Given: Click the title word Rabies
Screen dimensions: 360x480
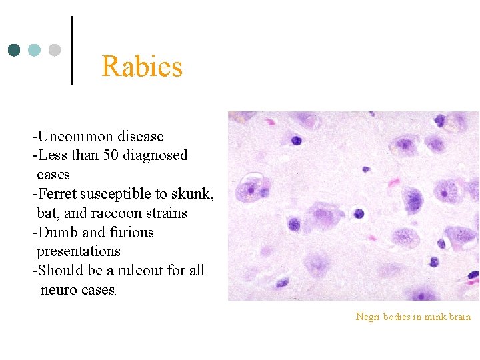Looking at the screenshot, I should pos(142,67).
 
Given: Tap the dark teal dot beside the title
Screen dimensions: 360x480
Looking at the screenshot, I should pos(15,51).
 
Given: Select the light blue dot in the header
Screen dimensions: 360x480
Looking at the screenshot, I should pos(35,51).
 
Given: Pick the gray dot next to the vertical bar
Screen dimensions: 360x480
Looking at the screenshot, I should pos(55,51).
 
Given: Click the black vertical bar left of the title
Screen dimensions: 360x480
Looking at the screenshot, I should pos(71,51).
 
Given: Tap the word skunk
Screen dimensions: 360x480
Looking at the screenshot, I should pos(191,194).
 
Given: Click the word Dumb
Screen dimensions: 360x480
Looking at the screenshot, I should pos(57,233).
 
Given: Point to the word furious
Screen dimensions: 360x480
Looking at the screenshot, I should pos(129,233).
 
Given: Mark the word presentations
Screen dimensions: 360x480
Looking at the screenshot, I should pos(79,251).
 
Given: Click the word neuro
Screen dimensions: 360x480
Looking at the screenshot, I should pos(57,290).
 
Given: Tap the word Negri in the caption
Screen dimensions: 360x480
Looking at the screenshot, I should pos(367,317).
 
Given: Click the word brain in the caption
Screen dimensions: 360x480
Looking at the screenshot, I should pos(460,317).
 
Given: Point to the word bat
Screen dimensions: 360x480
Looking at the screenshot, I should pos(46,213).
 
